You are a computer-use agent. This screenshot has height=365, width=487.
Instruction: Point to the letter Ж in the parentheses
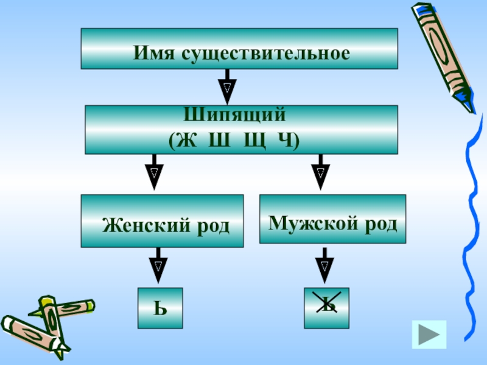(189, 139)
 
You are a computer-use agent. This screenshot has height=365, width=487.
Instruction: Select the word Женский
(142, 226)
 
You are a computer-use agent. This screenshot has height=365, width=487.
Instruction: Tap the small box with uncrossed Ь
(159, 308)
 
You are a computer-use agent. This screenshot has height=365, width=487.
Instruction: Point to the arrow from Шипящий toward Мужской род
(320, 172)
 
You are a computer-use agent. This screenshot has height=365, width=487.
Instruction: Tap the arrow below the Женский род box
(158, 263)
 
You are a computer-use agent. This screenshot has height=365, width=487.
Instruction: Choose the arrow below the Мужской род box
(324, 263)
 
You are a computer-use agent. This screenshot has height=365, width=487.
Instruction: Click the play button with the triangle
(429, 334)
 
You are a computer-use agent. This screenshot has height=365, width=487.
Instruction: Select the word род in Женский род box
(212, 226)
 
